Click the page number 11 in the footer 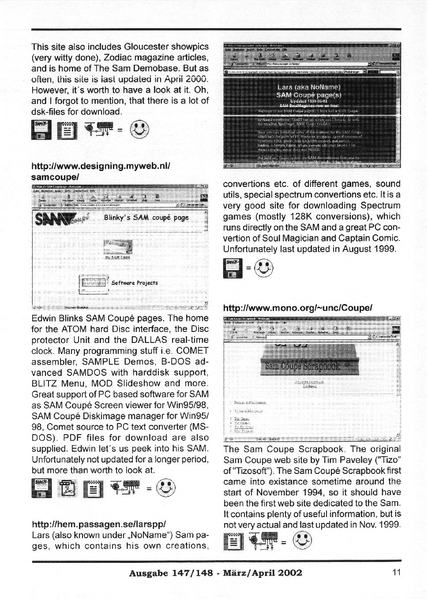[396, 573]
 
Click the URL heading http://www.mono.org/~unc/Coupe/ [298, 308]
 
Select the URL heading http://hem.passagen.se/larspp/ [99, 524]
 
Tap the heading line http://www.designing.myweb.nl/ [101, 166]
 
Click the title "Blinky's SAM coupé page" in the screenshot [146, 217]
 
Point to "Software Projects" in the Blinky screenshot [135, 283]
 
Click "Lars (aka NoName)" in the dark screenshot [308, 87]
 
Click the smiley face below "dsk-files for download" [139, 129]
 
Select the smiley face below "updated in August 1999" [264, 268]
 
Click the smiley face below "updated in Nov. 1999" [302, 541]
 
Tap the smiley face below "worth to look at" [165, 488]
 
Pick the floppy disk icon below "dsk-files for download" [41, 130]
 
